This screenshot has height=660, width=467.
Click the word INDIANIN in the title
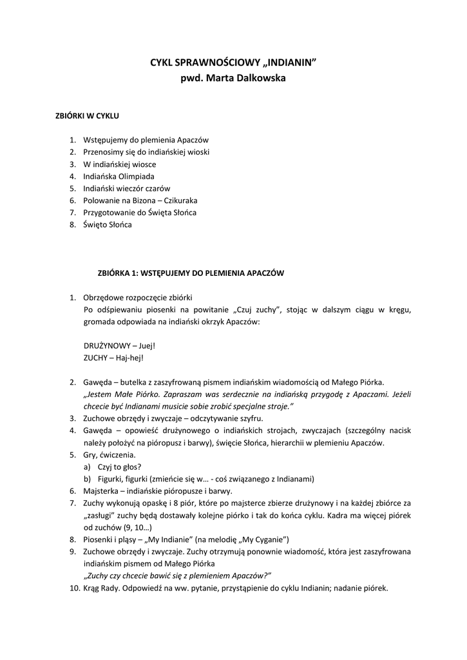(x=289, y=63)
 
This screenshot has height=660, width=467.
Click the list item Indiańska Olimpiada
(x=119, y=176)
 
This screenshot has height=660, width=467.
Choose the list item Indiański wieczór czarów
(x=126, y=188)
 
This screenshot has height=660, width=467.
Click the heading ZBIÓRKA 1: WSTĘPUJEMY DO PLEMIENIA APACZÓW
(x=190, y=273)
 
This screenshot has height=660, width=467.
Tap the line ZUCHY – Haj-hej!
(x=113, y=357)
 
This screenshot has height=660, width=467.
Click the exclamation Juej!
(x=147, y=345)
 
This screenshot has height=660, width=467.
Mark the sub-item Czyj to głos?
(x=120, y=467)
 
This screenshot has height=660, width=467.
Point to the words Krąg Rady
(x=104, y=588)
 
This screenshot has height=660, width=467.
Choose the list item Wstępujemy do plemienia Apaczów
(x=146, y=139)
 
